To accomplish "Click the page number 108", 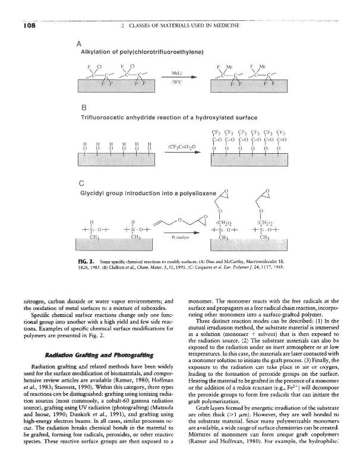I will [x=15, y=26].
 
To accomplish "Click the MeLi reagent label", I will [x=176, y=74].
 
